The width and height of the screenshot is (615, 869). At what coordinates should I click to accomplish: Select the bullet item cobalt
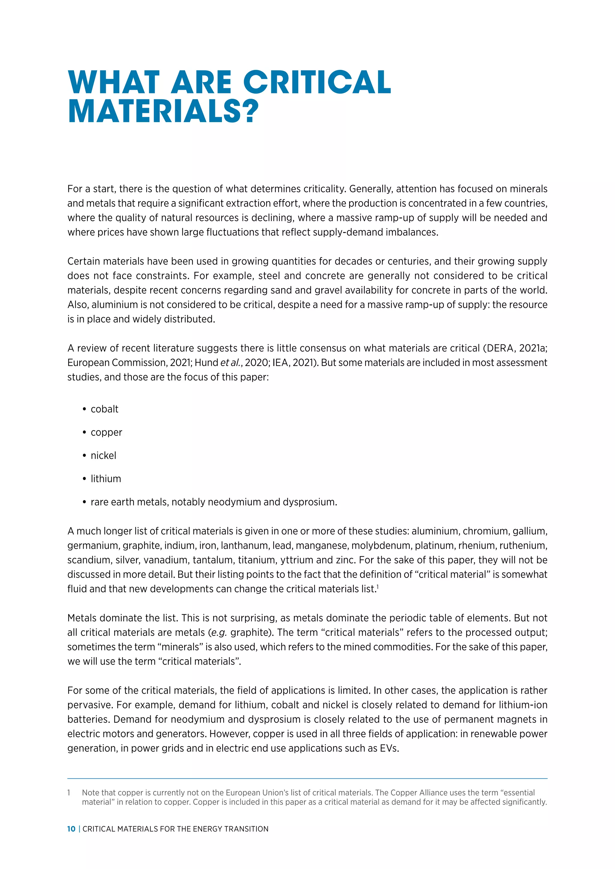point(104,409)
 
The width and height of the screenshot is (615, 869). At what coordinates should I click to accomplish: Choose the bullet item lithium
point(106,479)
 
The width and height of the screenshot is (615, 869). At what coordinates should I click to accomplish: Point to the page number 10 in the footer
point(71,829)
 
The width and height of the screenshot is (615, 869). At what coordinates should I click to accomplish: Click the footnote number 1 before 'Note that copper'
point(69,792)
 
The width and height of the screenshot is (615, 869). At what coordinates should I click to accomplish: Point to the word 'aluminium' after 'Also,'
point(114,305)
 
